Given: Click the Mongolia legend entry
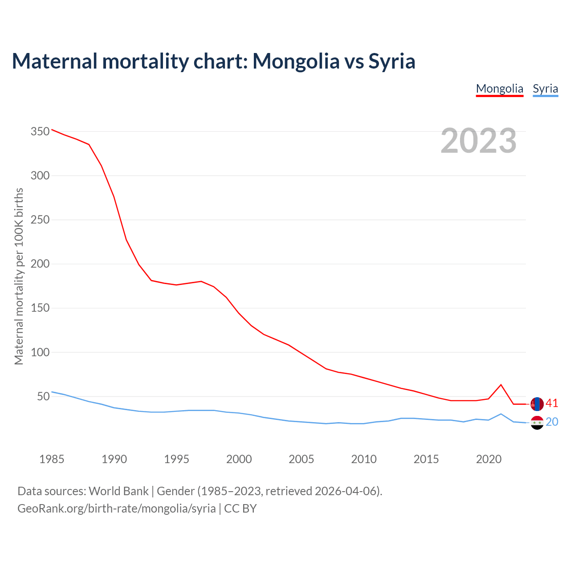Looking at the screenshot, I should (499, 89).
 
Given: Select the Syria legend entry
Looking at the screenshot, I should (545, 89).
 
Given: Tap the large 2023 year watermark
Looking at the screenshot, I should (478, 141).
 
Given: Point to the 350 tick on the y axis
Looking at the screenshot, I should (40, 132).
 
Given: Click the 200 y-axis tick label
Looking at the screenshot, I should (40, 264).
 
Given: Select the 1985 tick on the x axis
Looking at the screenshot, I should (52, 459).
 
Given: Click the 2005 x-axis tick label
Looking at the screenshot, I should (301, 459).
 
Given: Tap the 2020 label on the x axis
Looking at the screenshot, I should (489, 459).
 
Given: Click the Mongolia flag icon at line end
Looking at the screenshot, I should (537, 404).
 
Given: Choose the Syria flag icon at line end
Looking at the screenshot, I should (537, 423).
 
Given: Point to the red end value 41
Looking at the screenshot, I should (552, 403).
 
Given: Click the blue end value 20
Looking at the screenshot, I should (552, 422).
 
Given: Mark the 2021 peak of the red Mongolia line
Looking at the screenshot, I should (501, 385).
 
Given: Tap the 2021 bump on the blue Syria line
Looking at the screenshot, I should (501, 414).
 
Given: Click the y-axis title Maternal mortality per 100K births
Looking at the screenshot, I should (19, 276).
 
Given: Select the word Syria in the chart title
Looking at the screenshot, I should (392, 61).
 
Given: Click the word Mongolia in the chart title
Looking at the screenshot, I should (296, 61).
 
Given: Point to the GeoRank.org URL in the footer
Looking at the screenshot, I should (117, 509).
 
